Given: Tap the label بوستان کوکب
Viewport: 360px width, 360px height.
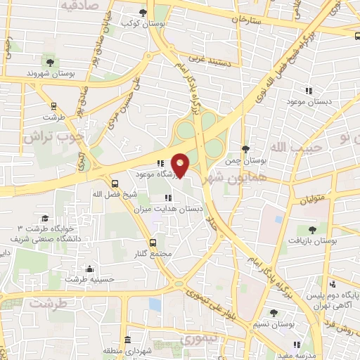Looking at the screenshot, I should [139, 24].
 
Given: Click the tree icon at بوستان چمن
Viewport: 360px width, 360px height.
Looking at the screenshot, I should [245, 149].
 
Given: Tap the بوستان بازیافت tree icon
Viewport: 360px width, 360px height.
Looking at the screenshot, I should [312, 229].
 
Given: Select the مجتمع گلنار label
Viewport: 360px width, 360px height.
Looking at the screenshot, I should [167, 252].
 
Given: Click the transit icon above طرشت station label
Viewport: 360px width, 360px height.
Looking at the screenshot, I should [53, 107].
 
